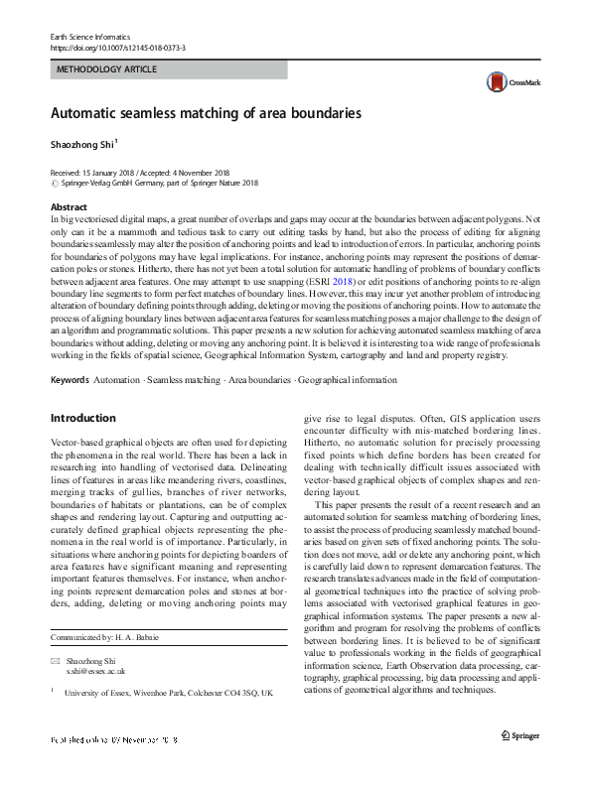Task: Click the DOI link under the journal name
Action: [x=116, y=48]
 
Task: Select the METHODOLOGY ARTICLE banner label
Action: [x=108, y=70]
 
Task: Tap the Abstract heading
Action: [x=69, y=207]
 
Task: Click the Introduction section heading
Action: [x=83, y=418]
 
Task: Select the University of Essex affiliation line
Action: [x=169, y=695]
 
